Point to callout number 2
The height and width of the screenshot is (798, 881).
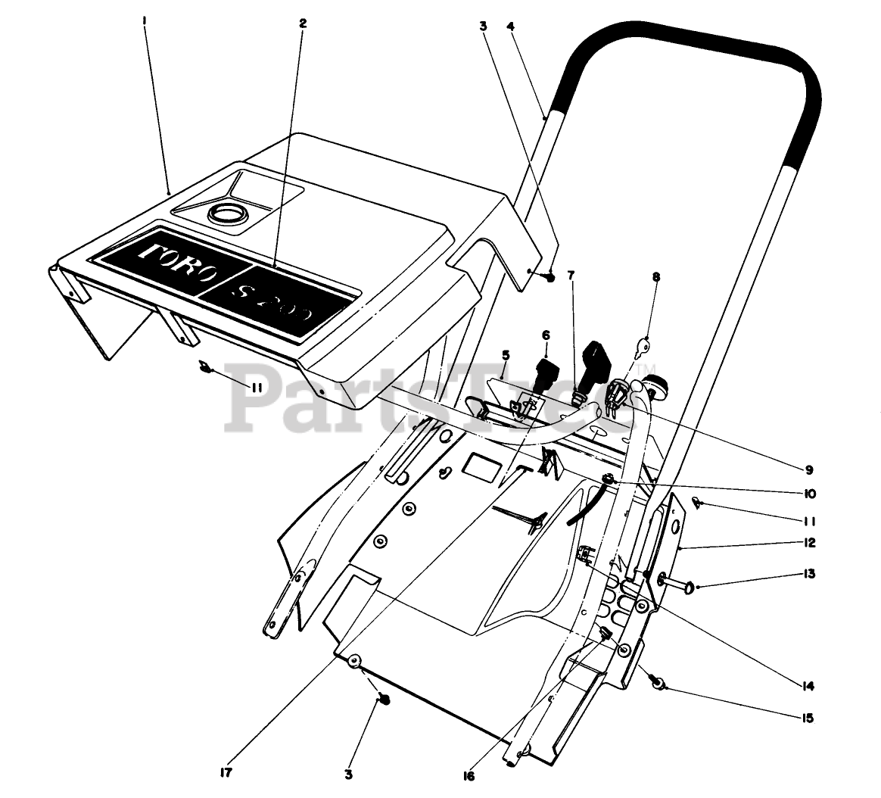coord(303,23)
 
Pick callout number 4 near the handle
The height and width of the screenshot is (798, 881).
coord(511,26)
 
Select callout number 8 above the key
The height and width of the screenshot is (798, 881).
coord(655,277)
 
